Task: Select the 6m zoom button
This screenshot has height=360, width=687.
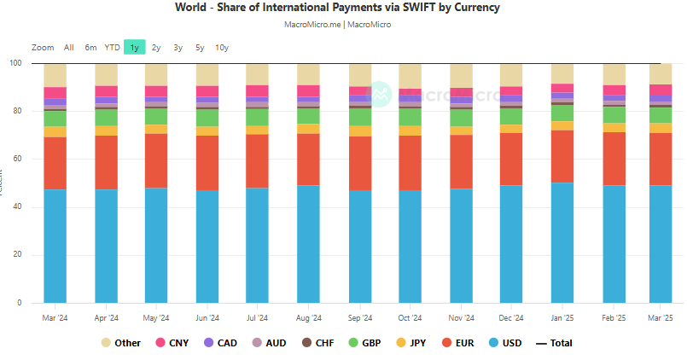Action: (x=90, y=48)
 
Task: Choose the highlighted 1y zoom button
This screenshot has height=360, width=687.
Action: (x=134, y=48)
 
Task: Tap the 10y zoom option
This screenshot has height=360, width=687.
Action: (x=221, y=48)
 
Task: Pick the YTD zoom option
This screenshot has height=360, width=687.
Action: (x=112, y=48)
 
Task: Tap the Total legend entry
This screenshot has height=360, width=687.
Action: (x=554, y=343)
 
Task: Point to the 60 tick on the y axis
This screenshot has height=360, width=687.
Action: (x=16, y=159)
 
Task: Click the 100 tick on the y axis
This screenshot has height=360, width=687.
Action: (x=15, y=63)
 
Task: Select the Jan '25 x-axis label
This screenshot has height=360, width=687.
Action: (x=562, y=318)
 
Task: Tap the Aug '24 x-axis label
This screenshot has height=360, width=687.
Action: (x=308, y=318)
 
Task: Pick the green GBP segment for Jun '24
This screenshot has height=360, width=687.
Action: (x=207, y=117)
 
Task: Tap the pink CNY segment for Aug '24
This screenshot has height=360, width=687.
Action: (x=308, y=91)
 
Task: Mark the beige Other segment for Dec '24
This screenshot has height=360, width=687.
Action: (x=511, y=75)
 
